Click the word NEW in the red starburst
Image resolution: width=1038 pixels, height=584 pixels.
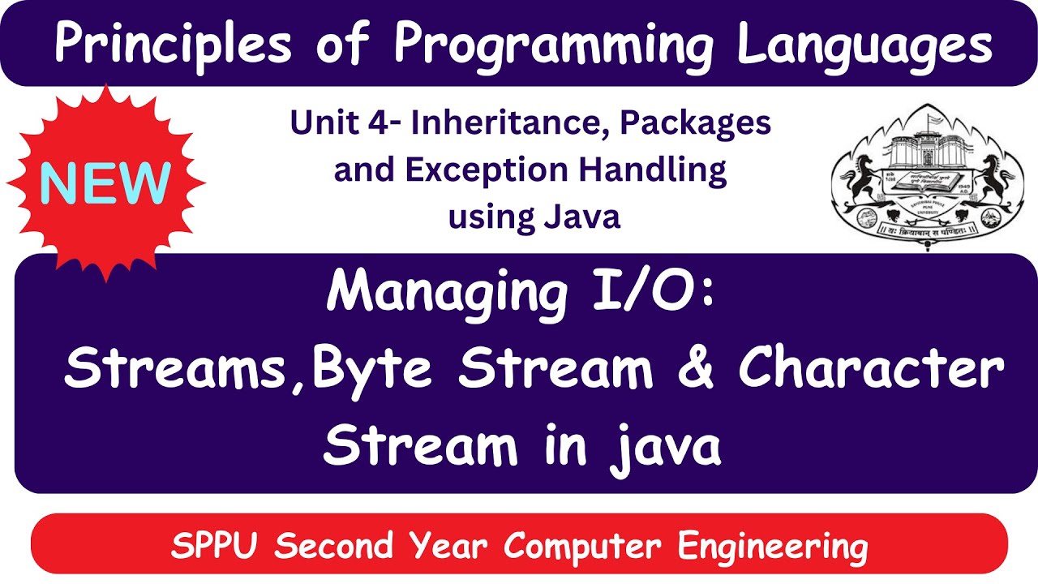(105, 183)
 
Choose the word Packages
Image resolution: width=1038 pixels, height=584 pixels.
(697, 124)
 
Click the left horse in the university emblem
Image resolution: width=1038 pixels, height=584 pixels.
(858, 182)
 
